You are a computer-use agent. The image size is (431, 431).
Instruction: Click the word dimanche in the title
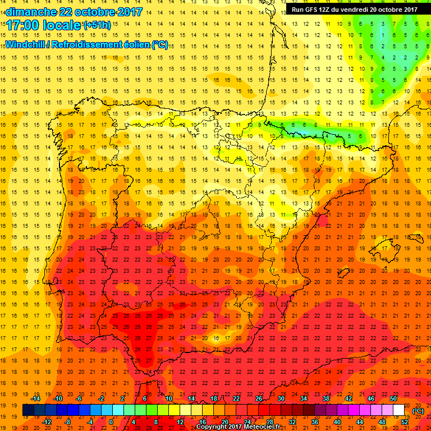coord(30,12)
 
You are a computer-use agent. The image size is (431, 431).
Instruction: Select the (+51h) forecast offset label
coord(97,25)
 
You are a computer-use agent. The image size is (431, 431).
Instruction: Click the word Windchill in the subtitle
coord(26,44)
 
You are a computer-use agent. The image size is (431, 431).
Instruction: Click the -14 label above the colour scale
coord(35,398)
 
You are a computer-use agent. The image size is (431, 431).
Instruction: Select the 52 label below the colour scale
coord(404,422)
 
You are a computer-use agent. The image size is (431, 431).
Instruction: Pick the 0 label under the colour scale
coord(111,422)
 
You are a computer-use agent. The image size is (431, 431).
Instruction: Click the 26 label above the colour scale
coord(259,398)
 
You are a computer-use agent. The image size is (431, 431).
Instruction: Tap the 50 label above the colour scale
coord(393,398)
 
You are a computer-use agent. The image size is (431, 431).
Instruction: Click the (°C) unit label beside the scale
coord(418,411)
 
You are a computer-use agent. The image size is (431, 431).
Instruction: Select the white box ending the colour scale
coord(398,410)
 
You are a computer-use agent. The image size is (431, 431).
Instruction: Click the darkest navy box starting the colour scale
coord(28,410)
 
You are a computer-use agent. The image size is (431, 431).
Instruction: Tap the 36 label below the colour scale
coord(314,422)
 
